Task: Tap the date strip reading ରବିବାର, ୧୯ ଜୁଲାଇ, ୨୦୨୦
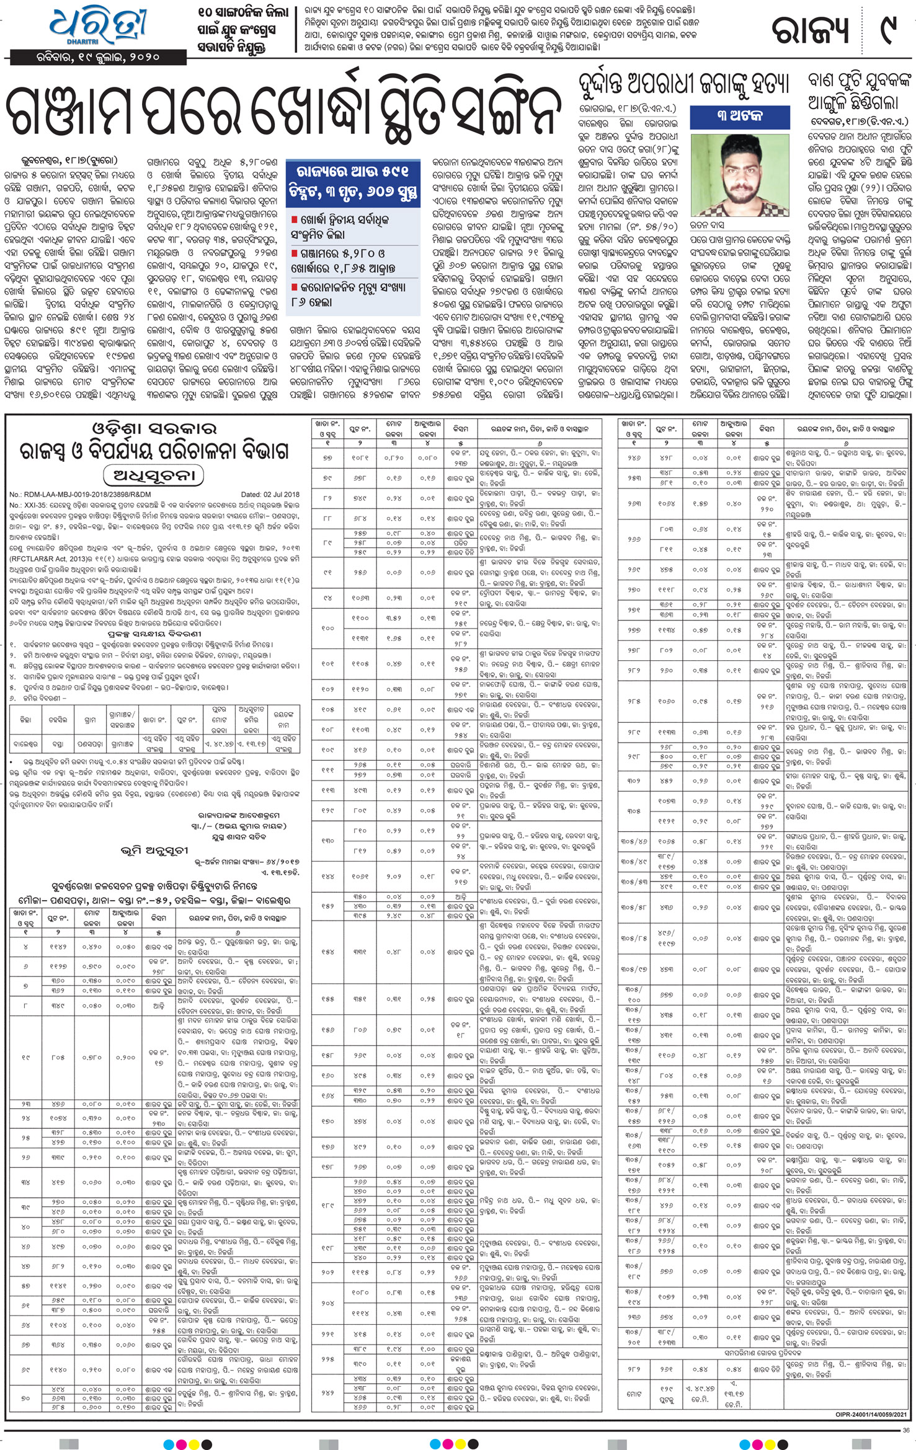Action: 98,58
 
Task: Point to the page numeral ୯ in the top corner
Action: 889,30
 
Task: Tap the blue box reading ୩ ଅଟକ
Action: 740,116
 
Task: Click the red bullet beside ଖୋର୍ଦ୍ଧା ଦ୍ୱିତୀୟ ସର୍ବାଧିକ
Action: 295,220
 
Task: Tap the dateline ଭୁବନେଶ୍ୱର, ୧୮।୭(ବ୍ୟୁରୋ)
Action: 61,160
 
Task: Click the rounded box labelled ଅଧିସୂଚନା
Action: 154,475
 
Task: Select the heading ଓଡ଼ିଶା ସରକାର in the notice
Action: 154,429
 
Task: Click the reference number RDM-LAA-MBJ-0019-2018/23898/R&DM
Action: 81,495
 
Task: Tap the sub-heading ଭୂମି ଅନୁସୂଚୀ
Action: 154,851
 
